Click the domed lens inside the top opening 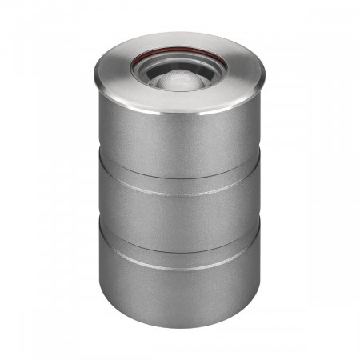click(x=179, y=78)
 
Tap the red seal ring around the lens click(x=179, y=54)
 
